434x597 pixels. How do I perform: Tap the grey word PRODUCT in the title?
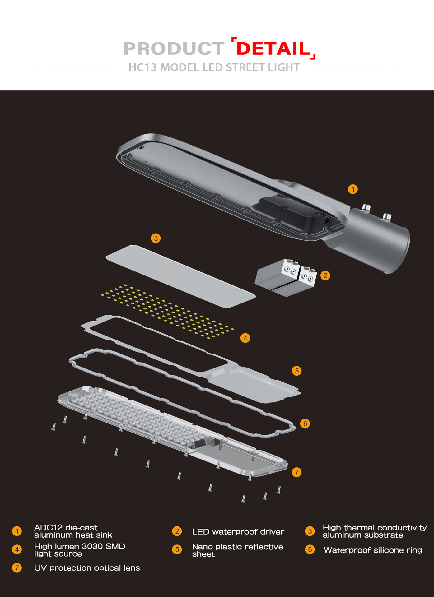[x=174, y=49]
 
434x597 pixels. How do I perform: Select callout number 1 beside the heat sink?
[x=353, y=189]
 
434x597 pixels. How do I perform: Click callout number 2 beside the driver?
[x=325, y=275]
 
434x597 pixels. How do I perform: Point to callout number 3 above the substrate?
[x=156, y=238]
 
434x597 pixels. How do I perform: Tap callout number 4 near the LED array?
[x=245, y=338]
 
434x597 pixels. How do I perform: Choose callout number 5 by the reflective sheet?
[x=297, y=371]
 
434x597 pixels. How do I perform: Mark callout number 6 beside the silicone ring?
[x=305, y=423]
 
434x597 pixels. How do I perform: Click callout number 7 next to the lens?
[x=297, y=472]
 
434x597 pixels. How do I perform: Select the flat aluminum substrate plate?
[x=181, y=276]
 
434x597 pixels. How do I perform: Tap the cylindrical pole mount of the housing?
[x=380, y=238]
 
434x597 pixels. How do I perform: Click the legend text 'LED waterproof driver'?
[x=238, y=532]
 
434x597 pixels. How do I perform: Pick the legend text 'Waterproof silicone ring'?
[x=373, y=550]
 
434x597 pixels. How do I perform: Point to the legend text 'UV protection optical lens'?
[x=87, y=568]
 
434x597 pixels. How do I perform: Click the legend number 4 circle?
[x=17, y=549]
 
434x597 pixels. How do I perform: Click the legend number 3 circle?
[x=310, y=531]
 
